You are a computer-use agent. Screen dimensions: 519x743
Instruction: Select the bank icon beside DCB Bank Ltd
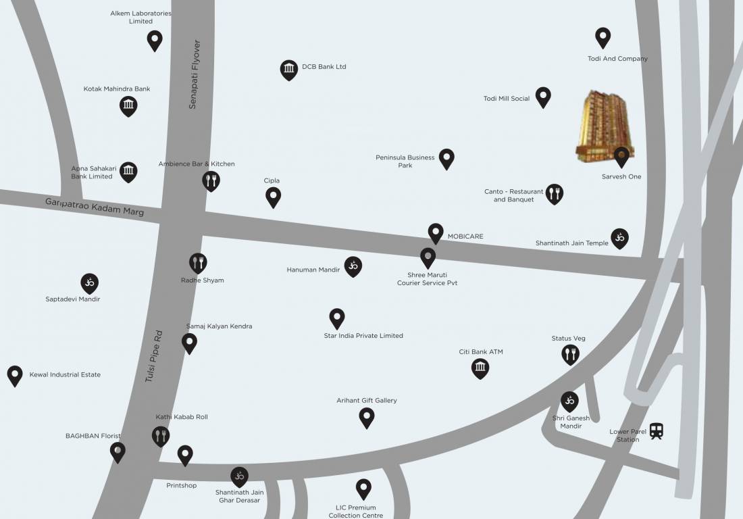289,69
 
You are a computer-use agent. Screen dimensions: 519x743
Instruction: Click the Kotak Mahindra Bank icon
128,105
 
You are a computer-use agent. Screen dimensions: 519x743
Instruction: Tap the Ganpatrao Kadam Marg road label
94,206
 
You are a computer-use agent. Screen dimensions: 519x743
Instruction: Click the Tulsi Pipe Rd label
154,356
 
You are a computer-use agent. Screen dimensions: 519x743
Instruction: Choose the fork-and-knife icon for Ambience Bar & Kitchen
211,180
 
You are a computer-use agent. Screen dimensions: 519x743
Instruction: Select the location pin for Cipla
273,197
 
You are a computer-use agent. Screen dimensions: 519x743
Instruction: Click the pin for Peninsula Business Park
446,158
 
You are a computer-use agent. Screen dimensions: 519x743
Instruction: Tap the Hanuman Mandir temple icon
353,266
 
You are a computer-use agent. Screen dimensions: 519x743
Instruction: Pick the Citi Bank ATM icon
480,368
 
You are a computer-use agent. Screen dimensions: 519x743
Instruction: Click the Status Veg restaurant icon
571,353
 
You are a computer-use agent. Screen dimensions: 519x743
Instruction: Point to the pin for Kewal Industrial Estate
15,374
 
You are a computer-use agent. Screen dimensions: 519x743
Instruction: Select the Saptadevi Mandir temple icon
90,282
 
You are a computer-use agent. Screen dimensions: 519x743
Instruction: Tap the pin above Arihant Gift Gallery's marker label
367,417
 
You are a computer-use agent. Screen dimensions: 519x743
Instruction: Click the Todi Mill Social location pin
543,97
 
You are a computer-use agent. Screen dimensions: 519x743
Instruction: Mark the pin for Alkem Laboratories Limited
155,40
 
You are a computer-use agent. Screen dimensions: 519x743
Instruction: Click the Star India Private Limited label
363,336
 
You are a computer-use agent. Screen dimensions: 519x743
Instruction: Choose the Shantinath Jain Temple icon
619,237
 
